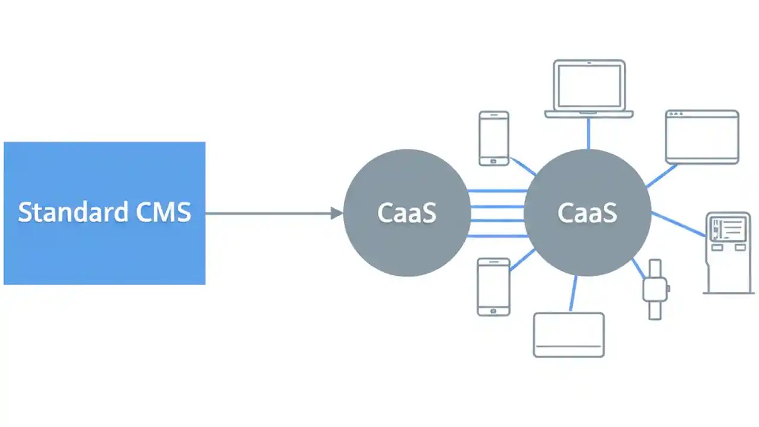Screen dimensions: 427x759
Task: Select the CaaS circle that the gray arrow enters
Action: point(407,213)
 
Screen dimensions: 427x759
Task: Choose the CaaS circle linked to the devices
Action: point(587,213)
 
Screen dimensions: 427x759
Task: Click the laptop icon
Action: point(589,89)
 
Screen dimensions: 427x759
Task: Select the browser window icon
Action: point(702,137)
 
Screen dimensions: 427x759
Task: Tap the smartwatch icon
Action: point(655,289)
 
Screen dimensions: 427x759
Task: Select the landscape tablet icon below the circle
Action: point(569,334)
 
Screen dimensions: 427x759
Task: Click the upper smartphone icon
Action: point(494,138)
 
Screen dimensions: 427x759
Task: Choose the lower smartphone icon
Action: point(493,286)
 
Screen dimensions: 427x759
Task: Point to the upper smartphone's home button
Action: point(494,161)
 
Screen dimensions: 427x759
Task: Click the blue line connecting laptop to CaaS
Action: point(588,133)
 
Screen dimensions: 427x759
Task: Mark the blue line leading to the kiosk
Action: point(679,223)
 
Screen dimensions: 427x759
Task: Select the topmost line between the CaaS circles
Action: point(497,191)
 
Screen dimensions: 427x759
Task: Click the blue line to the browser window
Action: point(662,176)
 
